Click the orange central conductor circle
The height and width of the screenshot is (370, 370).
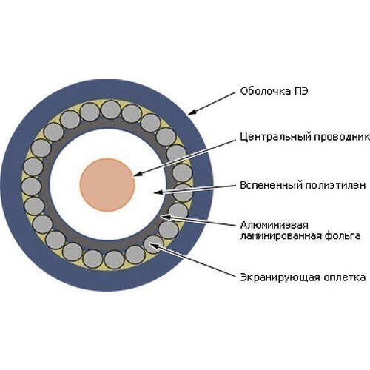click(107, 185)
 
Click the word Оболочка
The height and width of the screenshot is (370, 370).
click(265, 91)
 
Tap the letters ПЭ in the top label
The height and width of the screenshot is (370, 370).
click(301, 91)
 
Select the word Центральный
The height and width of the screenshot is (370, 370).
click(275, 137)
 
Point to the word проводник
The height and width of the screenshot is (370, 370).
click(342, 138)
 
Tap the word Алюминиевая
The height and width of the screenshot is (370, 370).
click(275, 225)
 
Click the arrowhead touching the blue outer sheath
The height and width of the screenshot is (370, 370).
click(192, 112)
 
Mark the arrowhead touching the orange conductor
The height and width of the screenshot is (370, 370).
click(138, 174)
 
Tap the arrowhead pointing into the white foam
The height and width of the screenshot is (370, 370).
click(158, 192)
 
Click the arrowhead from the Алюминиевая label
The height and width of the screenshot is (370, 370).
click(165, 217)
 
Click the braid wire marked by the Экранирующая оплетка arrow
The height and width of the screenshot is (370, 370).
click(154, 244)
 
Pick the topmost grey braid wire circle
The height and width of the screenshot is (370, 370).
click(111, 110)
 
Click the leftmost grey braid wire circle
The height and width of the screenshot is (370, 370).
click(31, 186)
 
